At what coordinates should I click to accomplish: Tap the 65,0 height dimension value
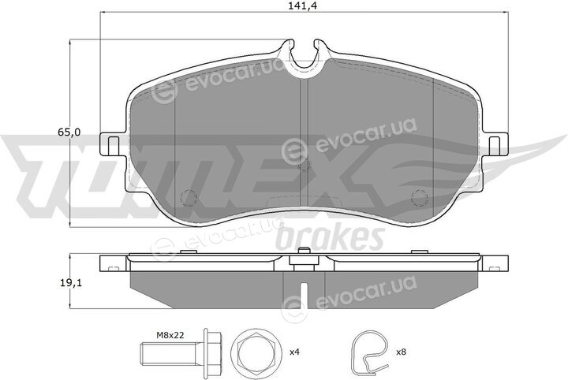pos(69,132)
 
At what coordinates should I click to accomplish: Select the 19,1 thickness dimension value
pos(71,283)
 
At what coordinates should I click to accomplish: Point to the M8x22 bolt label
pos(170,335)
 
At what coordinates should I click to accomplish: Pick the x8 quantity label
pos(402,352)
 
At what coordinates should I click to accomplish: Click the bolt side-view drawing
pos(181,352)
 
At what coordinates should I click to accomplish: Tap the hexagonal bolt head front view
pos(256,352)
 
